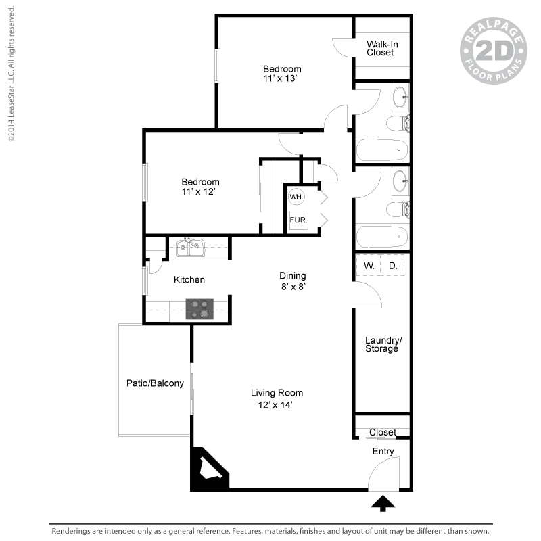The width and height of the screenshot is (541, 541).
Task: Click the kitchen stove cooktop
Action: click(199, 309)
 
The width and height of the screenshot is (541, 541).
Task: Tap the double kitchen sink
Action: click(190, 248)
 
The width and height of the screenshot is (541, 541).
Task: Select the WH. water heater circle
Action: click(296, 197)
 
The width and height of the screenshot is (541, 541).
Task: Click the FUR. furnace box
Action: click(298, 220)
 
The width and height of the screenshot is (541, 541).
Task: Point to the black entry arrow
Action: click(383, 503)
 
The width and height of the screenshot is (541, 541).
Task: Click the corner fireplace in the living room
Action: click(207, 469)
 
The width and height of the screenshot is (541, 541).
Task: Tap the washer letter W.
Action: click(369, 266)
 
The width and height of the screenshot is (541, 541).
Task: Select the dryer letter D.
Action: click(393, 266)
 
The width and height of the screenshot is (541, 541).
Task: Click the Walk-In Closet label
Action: click(382, 48)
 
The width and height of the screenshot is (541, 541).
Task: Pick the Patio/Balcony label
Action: click(155, 383)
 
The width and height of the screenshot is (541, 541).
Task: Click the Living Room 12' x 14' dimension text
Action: click(275, 404)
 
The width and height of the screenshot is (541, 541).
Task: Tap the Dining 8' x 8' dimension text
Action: click(293, 287)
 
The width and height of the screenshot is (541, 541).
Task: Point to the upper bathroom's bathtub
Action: click(382, 149)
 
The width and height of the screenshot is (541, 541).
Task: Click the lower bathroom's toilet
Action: click(398, 210)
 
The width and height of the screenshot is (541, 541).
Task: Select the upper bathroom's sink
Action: click(400, 97)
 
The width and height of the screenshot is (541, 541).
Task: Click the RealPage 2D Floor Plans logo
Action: click(494, 51)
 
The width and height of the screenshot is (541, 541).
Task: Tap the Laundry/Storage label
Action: click(383, 344)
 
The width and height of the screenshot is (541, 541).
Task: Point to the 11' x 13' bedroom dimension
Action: click(280, 78)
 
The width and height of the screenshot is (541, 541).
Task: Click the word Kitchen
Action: click(189, 279)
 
